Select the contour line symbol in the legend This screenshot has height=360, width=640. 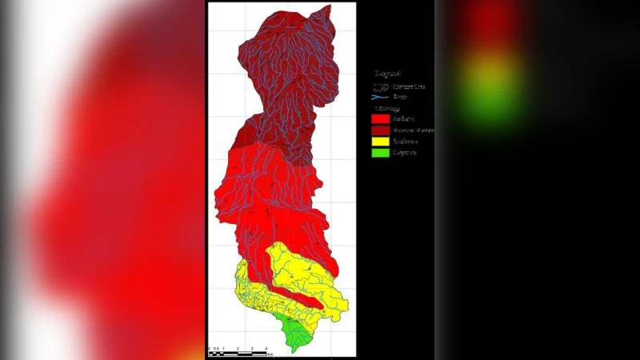380,86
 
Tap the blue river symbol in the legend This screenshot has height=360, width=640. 380,96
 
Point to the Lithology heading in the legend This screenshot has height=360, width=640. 387,107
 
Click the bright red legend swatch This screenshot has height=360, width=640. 380,118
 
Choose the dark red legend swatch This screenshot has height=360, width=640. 380,130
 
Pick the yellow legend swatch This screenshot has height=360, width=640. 380,141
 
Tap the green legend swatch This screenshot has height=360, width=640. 380,152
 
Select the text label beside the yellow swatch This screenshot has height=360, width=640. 406,141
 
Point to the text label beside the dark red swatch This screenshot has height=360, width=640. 413,130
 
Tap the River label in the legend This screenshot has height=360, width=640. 400,96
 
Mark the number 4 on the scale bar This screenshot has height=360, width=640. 266,349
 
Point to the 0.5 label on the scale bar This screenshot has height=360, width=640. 216,349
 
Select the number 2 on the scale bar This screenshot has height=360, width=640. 238,349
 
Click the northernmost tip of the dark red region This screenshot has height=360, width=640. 326,6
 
